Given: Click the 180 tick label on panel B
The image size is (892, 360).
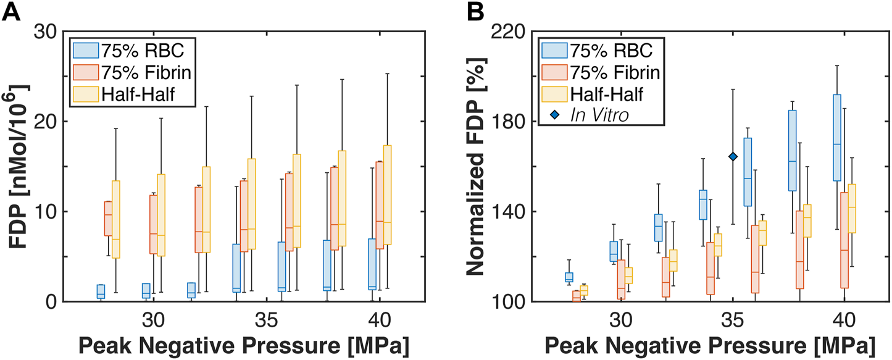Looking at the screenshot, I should [511, 121].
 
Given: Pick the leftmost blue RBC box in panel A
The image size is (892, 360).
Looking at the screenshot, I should [101, 291].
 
